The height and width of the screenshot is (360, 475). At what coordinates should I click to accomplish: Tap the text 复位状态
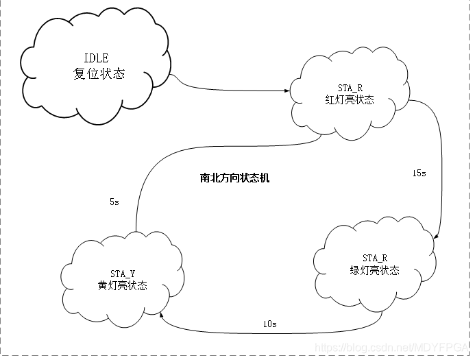click(x=99, y=74)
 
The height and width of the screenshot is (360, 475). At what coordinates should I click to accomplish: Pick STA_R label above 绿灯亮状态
click(x=374, y=258)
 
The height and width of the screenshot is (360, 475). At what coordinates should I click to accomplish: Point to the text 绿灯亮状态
click(x=374, y=270)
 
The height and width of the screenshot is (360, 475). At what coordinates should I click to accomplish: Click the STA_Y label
click(x=122, y=274)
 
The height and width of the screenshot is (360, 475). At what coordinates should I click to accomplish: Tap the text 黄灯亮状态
click(x=122, y=285)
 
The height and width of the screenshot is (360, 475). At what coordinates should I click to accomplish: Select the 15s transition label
click(x=419, y=173)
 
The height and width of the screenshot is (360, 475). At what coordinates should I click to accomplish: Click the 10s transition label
click(x=269, y=323)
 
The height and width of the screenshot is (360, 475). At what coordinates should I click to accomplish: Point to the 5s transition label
click(x=114, y=202)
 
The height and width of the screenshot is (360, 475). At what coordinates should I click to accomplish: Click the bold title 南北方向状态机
click(x=234, y=178)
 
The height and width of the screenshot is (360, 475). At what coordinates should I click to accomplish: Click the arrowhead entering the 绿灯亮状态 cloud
click(x=437, y=237)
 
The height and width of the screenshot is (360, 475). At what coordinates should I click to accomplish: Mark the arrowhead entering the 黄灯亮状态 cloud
click(x=162, y=316)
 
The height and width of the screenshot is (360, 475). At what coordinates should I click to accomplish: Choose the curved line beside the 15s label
click(x=439, y=171)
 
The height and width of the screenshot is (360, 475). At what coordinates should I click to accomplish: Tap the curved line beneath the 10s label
click(x=274, y=332)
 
